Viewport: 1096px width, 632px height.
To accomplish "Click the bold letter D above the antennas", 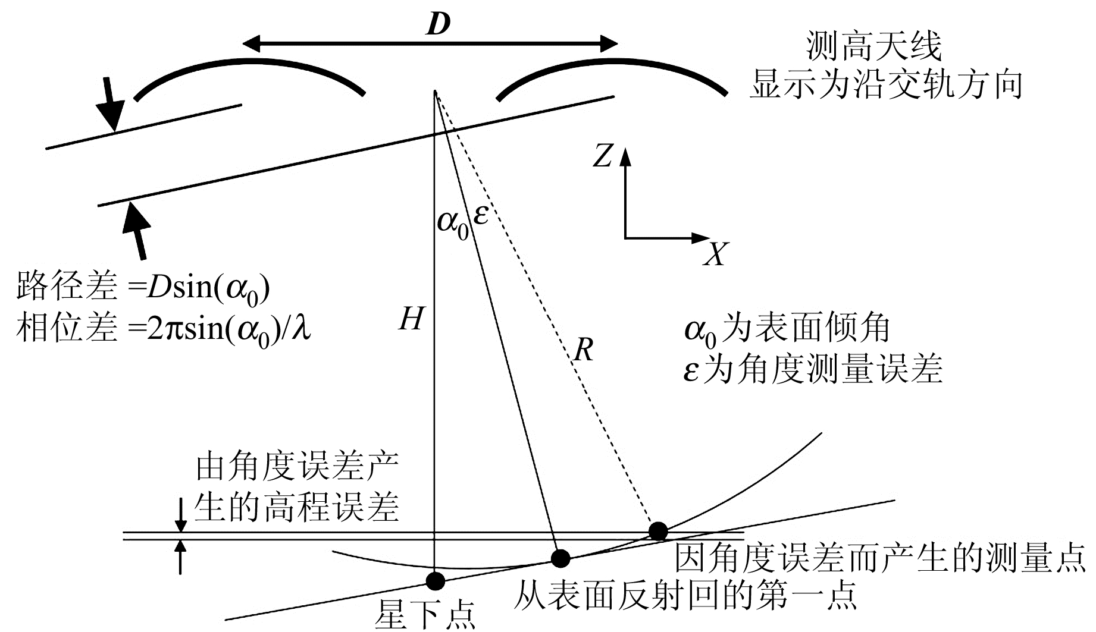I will click(x=437, y=24).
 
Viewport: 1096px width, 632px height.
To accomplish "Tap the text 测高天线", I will click(x=874, y=47).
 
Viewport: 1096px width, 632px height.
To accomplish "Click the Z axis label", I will click(x=603, y=156).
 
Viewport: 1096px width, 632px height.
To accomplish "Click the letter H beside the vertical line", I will click(x=411, y=319).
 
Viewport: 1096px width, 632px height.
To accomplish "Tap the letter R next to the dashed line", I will click(x=584, y=351).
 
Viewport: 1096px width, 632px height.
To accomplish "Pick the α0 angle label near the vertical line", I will click(x=453, y=222).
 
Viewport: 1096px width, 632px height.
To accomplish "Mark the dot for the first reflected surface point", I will click(x=560, y=558).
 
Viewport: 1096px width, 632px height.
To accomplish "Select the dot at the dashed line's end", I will click(x=657, y=531).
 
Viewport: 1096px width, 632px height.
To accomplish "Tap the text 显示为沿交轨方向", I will click(x=885, y=84).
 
